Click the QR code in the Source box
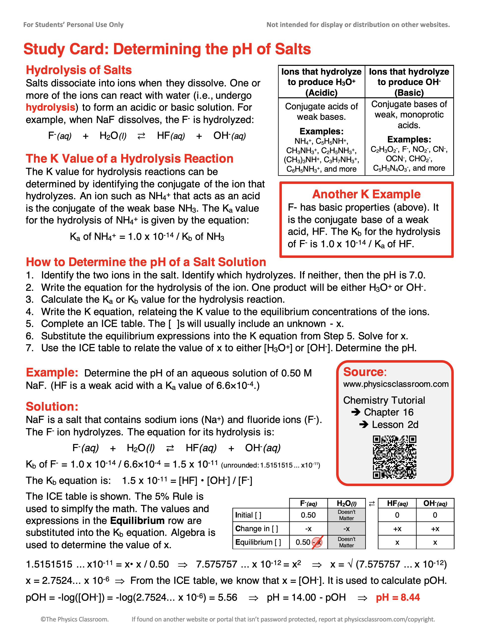click(x=394, y=457)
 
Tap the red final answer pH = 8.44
click(x=398, y=597)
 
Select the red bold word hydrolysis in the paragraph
click(x=51, y=107)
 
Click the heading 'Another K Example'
click(x=366, y=194)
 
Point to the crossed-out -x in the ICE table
click(x=317, y=542)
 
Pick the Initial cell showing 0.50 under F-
click(x=308, y=515)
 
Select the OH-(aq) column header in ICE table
click(x=435, y=503)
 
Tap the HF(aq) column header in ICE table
click(x=397, y=503)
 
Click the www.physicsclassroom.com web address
click(x=396, y=384)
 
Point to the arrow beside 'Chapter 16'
click(x=356, y=412)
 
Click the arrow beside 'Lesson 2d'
click(x=364, y=424)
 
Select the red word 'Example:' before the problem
click(x=52, y=372)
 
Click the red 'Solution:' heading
click(x=52, y=406)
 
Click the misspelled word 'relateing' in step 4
click(x=157, y=312)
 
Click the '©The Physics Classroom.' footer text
click(x=75, y=619)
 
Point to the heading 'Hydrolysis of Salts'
click(x=79, y=70)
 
